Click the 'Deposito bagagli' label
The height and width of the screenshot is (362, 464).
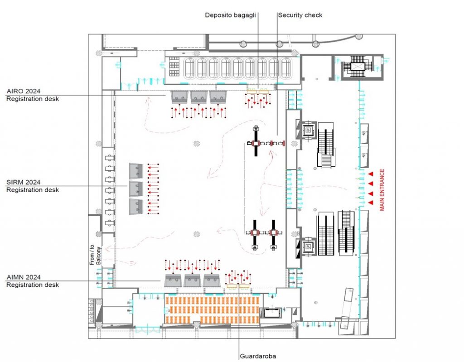pyautogui.click(x=230, y=15)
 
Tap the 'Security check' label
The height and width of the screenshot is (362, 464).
pyautogui.click(x=300, y=15)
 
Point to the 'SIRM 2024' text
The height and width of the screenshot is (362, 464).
pyautogui.click(x=23, y=182)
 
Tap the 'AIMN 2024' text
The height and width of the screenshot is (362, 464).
pyautogui.click(x=23, y=277)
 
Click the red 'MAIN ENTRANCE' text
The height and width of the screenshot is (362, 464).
pyautogui.click(x=382, y=189)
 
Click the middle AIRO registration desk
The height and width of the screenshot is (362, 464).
pyautogui.click(x=199, y=97)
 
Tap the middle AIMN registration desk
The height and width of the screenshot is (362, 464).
pyautogui.click(x=193, y=280)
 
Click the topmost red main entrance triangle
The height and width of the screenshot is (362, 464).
pyautogui.click(x=370, y=174)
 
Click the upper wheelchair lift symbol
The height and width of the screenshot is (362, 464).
pyautogui.click(x=308, y=130)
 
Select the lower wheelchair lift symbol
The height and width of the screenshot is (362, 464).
pyautogui.click(x=308, y=246)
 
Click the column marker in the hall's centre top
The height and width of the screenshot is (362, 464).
pyautogui.click(x=196, y=144)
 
